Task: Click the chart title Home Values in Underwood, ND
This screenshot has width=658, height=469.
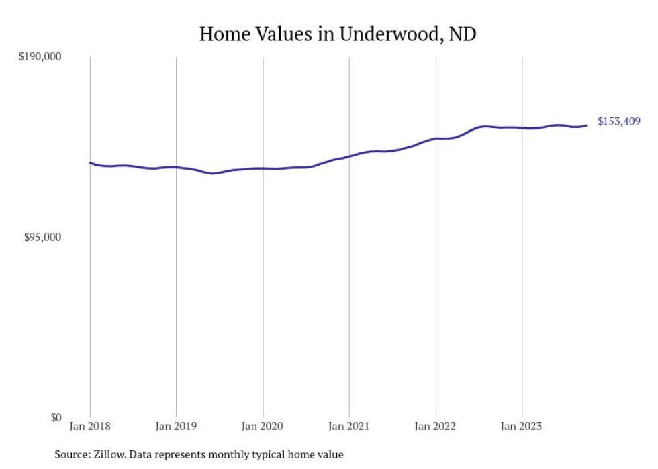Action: click(337, 34)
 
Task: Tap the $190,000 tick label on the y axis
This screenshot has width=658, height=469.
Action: click(39, 57)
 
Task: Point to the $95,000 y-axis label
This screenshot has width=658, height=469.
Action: click(42, 238)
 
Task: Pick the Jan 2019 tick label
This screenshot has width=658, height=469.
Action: click(176, 426)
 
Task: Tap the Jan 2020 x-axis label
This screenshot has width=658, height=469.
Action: click(263, 426)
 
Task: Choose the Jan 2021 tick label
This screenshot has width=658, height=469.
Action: click(349, 426)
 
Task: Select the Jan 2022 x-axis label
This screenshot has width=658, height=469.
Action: click(436, 426)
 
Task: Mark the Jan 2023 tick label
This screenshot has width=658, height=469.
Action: click(522, 426)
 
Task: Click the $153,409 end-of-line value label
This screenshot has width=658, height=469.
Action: click(618, 122)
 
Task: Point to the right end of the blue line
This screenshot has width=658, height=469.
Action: click(586, 125)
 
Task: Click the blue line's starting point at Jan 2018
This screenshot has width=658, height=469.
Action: click(90, 162)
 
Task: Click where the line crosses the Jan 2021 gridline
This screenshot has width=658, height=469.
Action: click(349, 156)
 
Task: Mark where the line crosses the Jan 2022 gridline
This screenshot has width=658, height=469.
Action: click(436, 138)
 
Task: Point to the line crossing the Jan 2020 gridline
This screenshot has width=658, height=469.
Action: click(263, 168)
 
